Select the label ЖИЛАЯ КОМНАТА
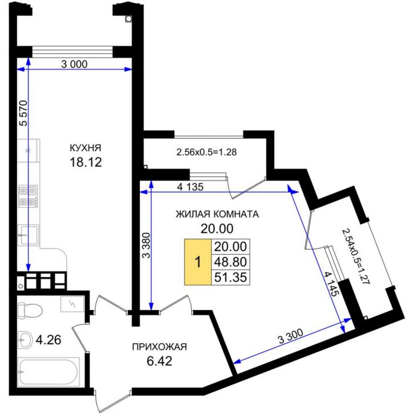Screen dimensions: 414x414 [x=217, y=215]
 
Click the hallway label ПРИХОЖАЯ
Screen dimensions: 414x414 [x=159, y=347]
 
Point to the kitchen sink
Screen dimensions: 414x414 [x=28, y=235]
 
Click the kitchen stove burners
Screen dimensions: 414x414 [x=28, y=196]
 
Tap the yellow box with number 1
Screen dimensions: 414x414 [x=197, y=263]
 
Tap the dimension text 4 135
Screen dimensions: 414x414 [x=191, y=187]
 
